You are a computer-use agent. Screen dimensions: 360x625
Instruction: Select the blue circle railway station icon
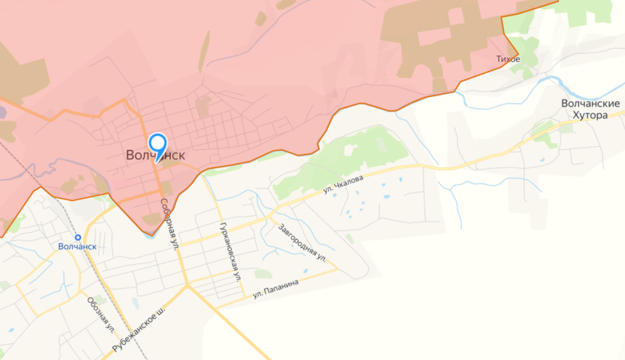77,237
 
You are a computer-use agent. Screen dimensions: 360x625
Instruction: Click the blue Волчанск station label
77,246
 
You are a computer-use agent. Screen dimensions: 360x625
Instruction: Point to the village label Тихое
507,59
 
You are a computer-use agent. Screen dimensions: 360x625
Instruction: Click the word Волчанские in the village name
590,104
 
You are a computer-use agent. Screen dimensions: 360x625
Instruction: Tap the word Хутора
590,116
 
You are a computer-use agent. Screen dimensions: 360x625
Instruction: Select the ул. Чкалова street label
343,184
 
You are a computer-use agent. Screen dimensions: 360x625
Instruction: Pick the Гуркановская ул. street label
230,250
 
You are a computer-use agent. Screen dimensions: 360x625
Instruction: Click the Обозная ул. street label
101,314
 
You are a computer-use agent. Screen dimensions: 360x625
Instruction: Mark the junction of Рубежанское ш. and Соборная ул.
187,286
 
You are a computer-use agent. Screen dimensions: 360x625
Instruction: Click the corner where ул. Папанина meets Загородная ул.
338,269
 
